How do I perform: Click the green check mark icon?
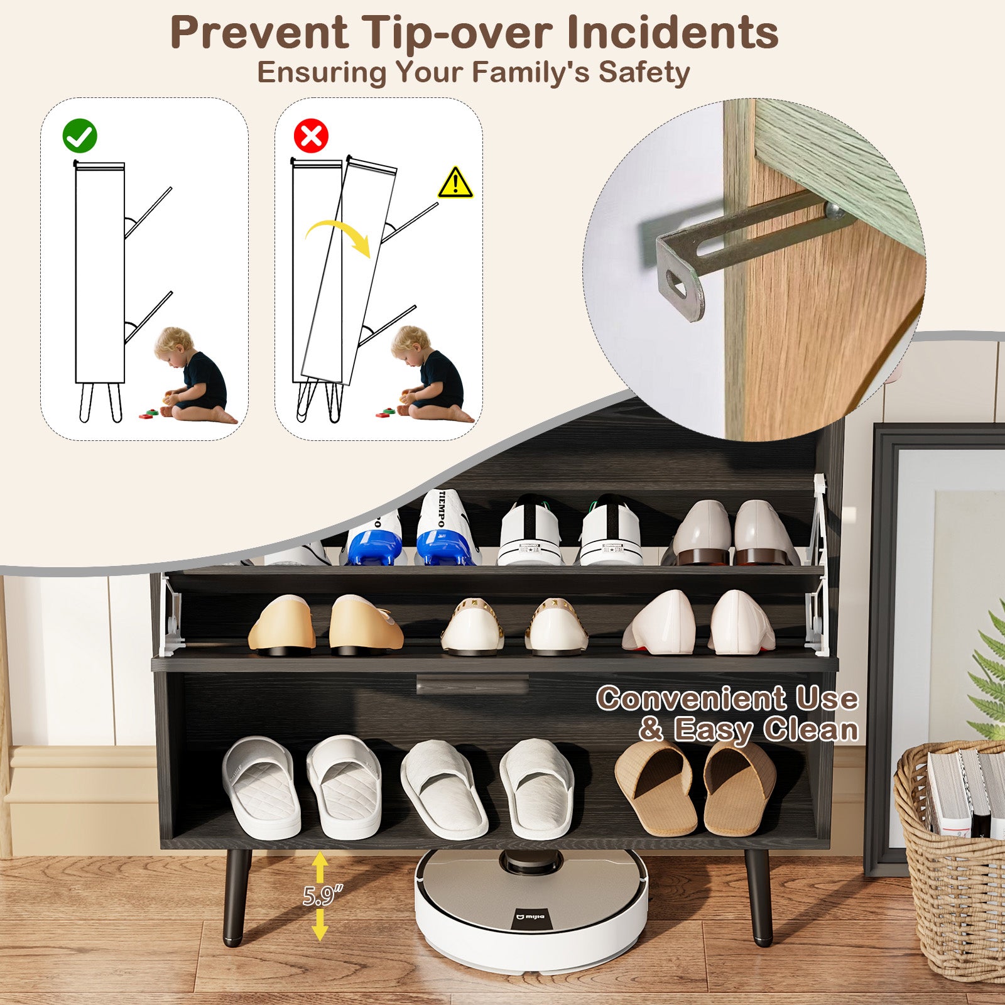point(80,136)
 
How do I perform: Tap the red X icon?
point(311,136)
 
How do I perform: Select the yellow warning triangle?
point(455,183)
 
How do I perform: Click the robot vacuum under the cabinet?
point(531,905)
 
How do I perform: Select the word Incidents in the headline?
point(672,33)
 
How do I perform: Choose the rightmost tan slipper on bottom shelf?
point(740,786)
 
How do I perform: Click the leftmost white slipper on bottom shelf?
point(261,786)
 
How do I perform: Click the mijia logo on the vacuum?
point(531,918)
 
